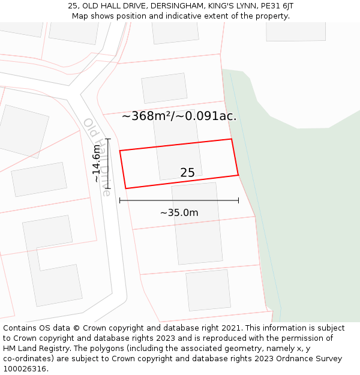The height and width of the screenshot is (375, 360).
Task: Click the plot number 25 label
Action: coord(187,173)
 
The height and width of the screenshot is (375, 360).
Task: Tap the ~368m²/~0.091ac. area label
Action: coord(179,116)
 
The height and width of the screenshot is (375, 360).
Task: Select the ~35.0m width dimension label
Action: coord(179,212)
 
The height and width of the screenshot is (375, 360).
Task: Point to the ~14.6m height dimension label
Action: coord(97,163)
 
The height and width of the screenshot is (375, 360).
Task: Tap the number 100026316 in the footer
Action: coord(26,369)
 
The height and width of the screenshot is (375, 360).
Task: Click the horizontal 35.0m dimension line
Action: coord(179,200)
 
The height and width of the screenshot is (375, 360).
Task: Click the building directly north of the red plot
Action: coord(164,88)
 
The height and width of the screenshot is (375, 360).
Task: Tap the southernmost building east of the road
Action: coord(208,290)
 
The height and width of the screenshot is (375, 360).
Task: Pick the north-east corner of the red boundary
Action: coord(232,139)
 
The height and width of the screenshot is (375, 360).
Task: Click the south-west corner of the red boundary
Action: coord(125,188)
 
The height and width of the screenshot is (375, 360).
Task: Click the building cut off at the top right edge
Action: coord(296,31)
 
